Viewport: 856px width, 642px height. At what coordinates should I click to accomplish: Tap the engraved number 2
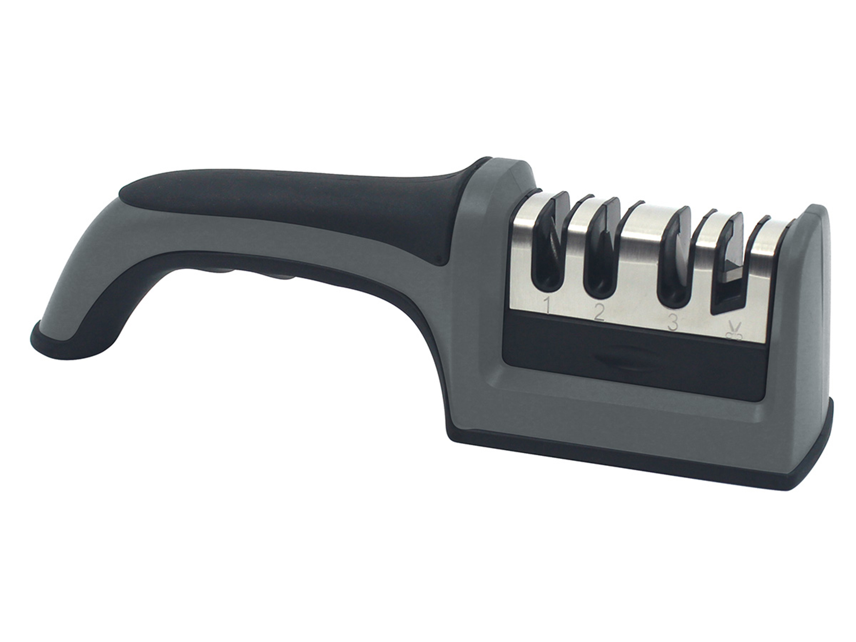coord(599,314)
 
